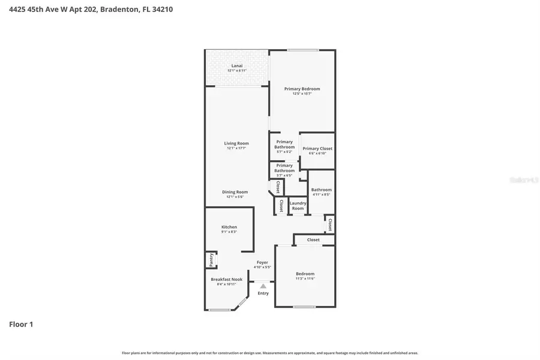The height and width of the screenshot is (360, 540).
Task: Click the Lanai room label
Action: click(236, 65)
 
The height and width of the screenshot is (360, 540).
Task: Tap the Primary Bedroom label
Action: click(302, 89)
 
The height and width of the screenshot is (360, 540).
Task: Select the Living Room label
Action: click(236, 143)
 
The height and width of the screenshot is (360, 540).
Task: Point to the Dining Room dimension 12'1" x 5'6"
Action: click(236, 197)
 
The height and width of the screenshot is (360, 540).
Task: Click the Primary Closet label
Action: click(317, 148)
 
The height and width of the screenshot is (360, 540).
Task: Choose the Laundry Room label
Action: click(298, 206)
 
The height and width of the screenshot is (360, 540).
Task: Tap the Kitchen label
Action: click(229, 227)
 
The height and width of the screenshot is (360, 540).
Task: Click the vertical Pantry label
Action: click(211, 260)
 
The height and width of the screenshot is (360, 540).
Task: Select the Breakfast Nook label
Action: click(226, 280)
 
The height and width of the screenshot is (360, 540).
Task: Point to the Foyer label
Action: click(262, 262)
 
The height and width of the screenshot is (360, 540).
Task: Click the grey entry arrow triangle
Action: click(263, 286)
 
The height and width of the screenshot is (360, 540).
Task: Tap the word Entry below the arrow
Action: click(263, 293)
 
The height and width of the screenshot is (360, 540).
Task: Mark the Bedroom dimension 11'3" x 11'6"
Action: click(305, 278)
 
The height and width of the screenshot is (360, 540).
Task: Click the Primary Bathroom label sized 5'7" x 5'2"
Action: click(284, 145)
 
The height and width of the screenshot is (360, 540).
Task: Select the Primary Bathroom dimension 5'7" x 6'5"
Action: click(284, 176)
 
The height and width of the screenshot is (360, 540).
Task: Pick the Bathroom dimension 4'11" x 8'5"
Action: click(321, 194)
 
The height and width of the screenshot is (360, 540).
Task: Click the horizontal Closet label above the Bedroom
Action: click(313, 240)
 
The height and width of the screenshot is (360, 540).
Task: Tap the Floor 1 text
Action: click(21, 325)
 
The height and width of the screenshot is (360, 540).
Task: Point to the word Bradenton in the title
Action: click(119, 10)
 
